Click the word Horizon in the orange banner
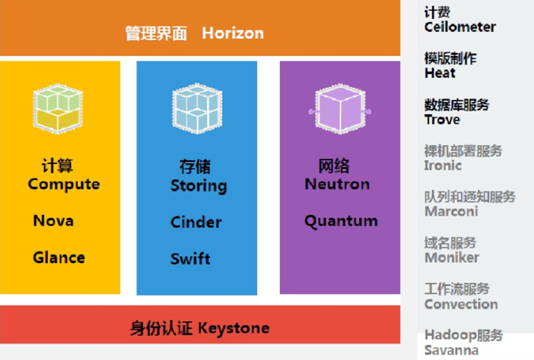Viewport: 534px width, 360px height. (233, 33)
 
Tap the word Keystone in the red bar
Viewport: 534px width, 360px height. (233, 327)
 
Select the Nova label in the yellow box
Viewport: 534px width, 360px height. (53, 220)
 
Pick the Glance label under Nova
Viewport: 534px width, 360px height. (59, 257)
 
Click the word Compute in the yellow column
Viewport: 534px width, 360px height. (64, 184)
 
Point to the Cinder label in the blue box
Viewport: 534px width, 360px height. (196, 222)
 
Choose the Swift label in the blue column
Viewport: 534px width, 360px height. (190, 259)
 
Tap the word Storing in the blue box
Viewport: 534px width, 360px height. (199, 185)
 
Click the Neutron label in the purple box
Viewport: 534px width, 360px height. (337, 184)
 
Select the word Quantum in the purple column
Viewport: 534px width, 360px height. (341, 220)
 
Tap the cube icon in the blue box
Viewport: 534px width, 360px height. (197, 107)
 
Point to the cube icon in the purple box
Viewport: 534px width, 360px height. (340, 110)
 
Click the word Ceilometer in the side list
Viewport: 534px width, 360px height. (460, 27)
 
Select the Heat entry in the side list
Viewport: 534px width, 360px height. (440, 73)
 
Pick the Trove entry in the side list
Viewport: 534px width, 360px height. (442, 119)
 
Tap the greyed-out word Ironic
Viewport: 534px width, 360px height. (443, 165)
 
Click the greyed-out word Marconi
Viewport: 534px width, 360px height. (451, 211)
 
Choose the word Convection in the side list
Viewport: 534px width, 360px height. (461, 304)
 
